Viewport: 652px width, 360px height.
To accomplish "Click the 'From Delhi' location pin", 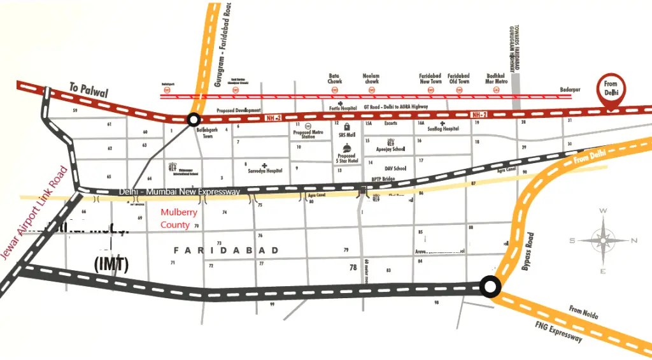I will pyautogui.click(x=611, y=89).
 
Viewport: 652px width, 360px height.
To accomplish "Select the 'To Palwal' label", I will pyautogui.click(x=89, y=90).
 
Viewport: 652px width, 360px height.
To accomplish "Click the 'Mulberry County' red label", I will pyautogui.click(x=178, y=219).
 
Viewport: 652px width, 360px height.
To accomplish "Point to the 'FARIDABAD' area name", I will pyautogui.click(x=226, y=251).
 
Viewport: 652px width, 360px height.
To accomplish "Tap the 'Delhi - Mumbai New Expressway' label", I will pyautogui.click(x=179, y=192).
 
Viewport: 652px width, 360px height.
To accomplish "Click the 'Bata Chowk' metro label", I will pyautogui.click(x=335, y=78).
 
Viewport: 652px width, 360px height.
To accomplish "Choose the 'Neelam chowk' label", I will pyautogui.click(x=371, y=78).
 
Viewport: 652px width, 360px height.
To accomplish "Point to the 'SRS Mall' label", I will pyautogui.click(x=346, y=135).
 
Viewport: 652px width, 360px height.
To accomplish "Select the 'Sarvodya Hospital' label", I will pyautogui.click(x=265, y=171).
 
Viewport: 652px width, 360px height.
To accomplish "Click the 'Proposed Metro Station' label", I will pyautogui.click(x=308, y=134).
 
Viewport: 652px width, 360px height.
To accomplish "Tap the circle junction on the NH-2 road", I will pyautogui.click(x=194, y=119).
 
